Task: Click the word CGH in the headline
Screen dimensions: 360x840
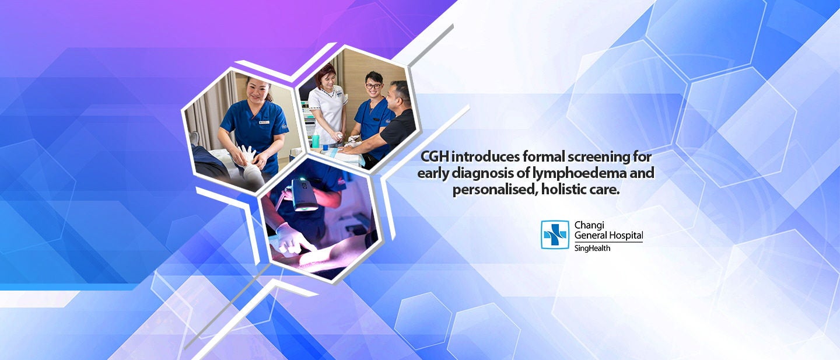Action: [435, 157]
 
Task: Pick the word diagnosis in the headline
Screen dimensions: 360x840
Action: [485, 173]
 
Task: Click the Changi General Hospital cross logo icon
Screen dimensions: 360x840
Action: [554, 235]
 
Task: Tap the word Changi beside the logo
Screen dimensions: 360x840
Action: [590, 225]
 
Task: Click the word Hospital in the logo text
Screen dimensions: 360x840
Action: [625, 236]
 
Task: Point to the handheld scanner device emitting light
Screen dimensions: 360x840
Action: [304, 194]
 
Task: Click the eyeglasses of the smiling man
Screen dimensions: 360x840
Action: [373, 86]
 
